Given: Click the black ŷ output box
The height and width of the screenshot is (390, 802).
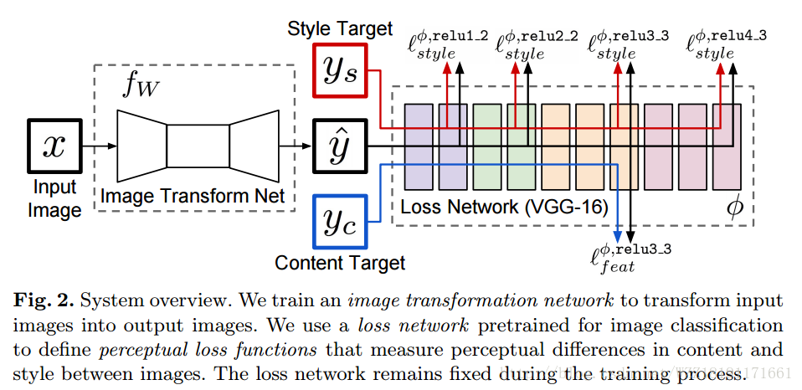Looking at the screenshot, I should click(x=340, y=146).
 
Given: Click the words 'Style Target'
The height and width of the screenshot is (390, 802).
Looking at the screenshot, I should click(x=340, y=28).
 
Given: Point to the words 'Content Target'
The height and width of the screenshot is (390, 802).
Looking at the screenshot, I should click(x=340, y=263).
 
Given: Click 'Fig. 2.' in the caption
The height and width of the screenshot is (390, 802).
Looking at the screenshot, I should click(x=41, y=300).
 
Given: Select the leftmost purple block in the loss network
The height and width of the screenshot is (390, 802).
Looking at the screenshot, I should click(x=419, y=146).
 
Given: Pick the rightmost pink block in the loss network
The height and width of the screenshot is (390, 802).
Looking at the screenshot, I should click(x=728, y=146).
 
